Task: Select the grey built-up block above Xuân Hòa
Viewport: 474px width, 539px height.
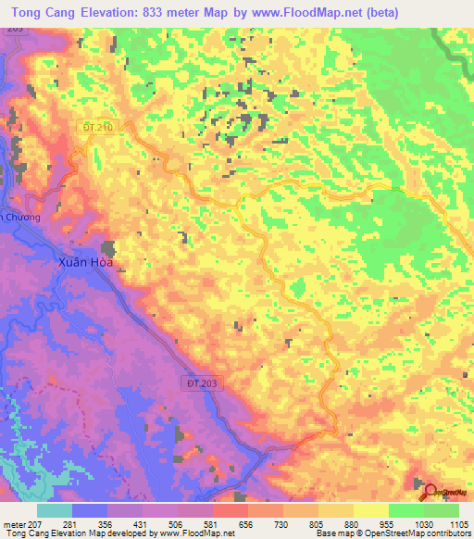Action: coord(109,248)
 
